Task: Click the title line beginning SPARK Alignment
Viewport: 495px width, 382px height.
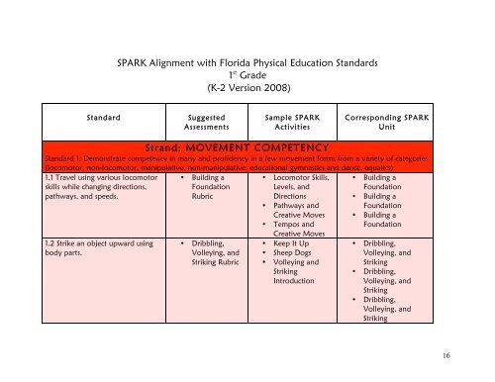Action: (x=246, y=61)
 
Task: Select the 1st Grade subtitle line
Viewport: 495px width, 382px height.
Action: (x=246, y=74)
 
